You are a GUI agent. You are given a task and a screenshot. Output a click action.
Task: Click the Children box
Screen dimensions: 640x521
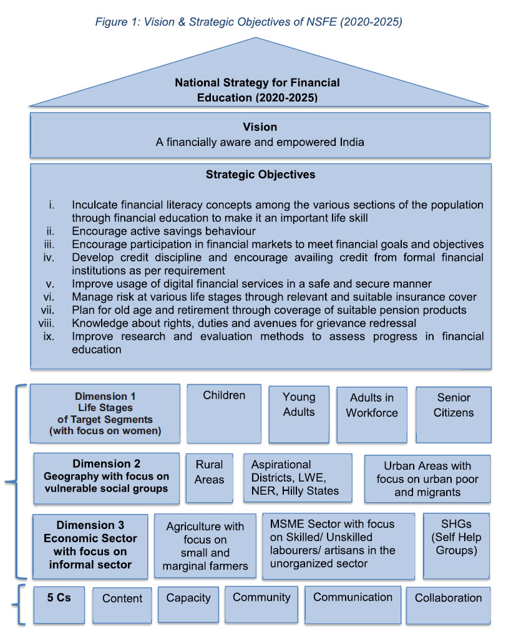click(x=224, y=414)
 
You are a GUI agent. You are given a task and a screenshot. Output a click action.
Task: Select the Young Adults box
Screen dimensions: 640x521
click(x=299, y=414)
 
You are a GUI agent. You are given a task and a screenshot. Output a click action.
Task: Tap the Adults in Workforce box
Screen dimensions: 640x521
click(x=372, y=414)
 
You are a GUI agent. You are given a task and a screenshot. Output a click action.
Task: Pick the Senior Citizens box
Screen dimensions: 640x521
click(x=454, y=414)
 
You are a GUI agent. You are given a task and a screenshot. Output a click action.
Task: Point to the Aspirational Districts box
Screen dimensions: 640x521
click(x=298, y=478)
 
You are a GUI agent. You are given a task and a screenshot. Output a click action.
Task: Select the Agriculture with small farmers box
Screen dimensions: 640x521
click(x=205, y=546)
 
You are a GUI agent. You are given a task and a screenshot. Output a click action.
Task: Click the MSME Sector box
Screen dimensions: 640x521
click(x=338, y=545)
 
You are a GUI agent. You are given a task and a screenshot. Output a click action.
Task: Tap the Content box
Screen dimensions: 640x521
click(x=122, y=604)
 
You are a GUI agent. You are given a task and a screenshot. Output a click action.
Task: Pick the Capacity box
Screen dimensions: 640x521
click(x=188, y=604)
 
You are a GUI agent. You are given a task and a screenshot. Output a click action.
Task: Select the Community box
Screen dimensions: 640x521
click(x=261, y=604)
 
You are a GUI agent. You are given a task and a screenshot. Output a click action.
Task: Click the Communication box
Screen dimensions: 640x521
click(x=353, y=604)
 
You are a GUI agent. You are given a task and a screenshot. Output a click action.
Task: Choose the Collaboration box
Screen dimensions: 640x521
click(x=448, y=604)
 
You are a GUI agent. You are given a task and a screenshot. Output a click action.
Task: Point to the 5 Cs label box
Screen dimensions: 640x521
click(x=59, y=604)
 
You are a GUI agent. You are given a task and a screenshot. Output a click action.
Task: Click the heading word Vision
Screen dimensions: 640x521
click(x=260, y=127)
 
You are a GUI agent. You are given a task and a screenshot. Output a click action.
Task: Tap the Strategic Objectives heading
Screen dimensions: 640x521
click(x=260, y=175)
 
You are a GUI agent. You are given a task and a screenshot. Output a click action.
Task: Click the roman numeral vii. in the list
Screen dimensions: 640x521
click(x=54, y=310)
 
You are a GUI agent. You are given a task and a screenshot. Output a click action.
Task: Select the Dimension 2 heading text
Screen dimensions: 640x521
click(x=106, y=463)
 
